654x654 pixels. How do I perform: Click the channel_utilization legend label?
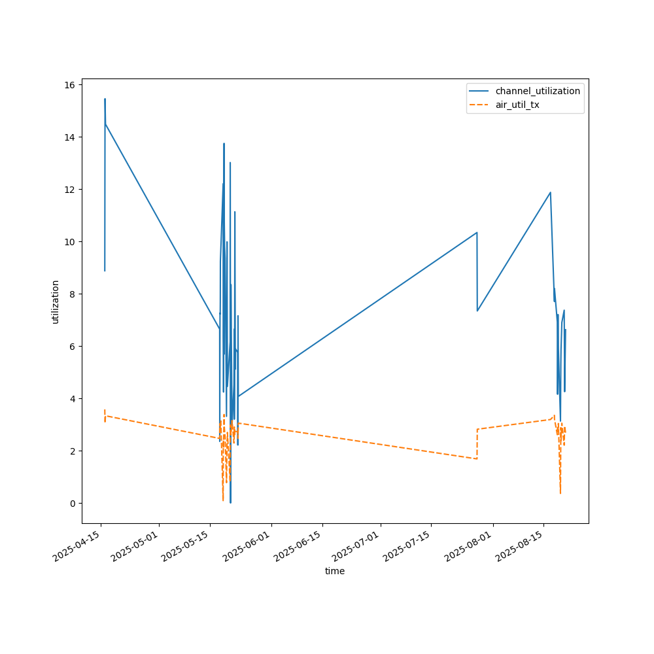(538, 91)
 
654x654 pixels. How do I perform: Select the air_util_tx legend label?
(517, 105)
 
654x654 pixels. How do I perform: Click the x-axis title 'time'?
(335, 571)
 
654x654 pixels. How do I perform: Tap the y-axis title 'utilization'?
(56, 301)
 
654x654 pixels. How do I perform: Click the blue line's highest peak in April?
(105, 99)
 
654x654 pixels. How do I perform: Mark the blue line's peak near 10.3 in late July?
(477, 232)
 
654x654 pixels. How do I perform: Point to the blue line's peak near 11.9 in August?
(550, 192)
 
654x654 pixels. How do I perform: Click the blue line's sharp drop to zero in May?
(230, 502)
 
